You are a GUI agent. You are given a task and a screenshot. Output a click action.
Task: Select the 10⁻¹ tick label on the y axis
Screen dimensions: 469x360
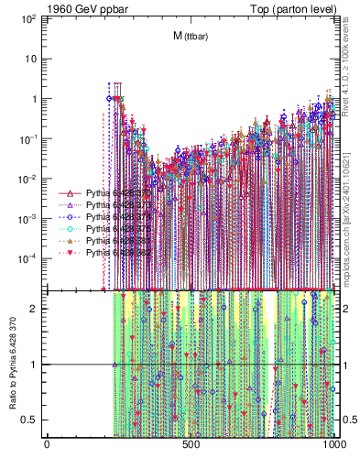point(33,139)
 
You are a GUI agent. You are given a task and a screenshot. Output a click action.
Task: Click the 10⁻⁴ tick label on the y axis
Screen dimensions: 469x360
point(33,259)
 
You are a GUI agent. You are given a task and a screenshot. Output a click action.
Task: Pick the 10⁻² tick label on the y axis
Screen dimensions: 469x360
point(33,180)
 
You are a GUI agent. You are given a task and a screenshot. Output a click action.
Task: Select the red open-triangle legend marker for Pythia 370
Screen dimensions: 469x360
point(71,194)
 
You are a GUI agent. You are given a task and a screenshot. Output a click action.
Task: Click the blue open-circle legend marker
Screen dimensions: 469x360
point(71,217)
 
